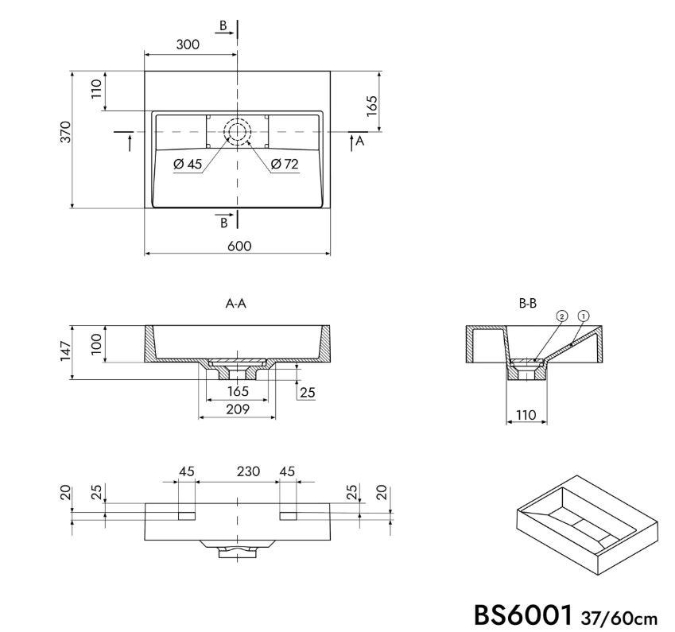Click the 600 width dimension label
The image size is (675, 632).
239,246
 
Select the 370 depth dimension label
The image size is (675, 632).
65,132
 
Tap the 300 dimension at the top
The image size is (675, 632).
188,45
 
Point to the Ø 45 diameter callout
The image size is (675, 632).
188,164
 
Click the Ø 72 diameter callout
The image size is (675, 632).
285,164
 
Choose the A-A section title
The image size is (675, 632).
236,304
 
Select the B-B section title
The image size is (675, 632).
528,304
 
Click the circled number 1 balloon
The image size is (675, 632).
584,316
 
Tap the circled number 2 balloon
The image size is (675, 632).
562,316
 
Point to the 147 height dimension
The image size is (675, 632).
65,351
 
